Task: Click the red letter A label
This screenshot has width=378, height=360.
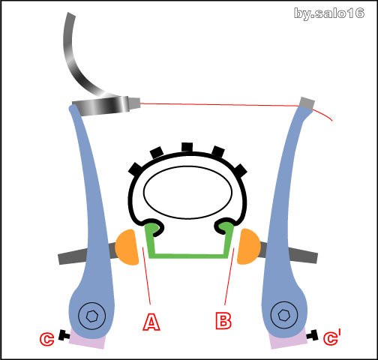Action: [x=151, y=322]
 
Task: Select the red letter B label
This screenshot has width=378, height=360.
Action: [x=223, y=320]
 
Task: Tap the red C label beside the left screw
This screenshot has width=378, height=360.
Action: [x=46, y=339]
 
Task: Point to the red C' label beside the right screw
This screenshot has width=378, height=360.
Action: [x=332, y=337]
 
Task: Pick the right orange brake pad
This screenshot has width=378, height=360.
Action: [x=248, y=246]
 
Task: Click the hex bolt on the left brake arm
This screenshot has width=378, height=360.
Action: [x=91, y=316]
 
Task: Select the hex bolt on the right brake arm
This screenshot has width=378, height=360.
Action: [x=284, y=315]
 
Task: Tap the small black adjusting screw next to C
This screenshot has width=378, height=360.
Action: [x=64, y=335]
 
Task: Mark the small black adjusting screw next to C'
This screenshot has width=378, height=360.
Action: [x=313, y=335]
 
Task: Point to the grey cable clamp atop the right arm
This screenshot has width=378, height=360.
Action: [x=307, y=103]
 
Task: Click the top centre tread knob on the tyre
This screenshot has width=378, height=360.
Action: [x=187, y=147]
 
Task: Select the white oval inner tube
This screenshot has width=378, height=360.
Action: [x=187, y=192]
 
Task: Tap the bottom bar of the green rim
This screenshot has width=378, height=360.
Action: [x=188, y=256]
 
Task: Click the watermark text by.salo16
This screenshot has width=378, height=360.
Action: [x=329, y=13]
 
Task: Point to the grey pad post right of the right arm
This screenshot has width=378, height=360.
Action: [x=302, y=254]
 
